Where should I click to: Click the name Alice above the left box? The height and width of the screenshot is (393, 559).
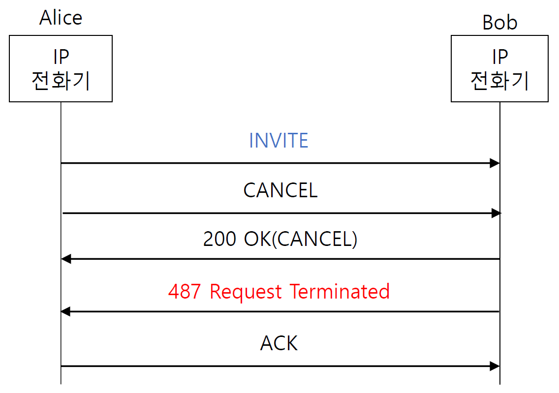click(x=61, y=18)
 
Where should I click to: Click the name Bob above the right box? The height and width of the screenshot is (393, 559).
click(x=499, y=23)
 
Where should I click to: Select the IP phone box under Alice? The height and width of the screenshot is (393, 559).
click(x=61, y=68)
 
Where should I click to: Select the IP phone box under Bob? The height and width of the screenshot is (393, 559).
click(x=499, y=68)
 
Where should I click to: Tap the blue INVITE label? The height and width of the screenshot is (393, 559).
click(x=279, y=141)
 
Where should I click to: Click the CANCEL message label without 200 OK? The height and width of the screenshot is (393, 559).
click(x=280, y=190)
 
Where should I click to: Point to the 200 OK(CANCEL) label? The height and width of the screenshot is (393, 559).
click(x=280, y=239)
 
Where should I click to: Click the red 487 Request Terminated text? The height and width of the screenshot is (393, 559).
click(x=279, y=291)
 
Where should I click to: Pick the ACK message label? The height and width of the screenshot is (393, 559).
click(x=279, y=343)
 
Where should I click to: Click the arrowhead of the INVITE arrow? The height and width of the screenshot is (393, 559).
click(x=495, y=163)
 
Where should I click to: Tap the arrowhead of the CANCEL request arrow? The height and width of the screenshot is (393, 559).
click(x=496, y=213)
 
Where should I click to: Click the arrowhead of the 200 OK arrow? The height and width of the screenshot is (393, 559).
click(x=66, y=259)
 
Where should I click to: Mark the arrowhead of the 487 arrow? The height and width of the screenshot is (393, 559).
click(x=66, y=311)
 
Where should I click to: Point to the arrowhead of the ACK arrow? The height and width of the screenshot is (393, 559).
click(x=495, y=366)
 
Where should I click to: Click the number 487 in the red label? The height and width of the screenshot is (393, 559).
click(x=185, y=291)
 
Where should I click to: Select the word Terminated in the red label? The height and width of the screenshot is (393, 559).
click(x=340, y=291)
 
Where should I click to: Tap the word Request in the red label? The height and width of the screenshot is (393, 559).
click(x=246, y=291)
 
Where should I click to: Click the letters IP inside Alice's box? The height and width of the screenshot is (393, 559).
click(x=61, y=58)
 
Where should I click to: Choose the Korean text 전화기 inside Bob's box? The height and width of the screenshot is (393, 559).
click(x=499, y=80)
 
